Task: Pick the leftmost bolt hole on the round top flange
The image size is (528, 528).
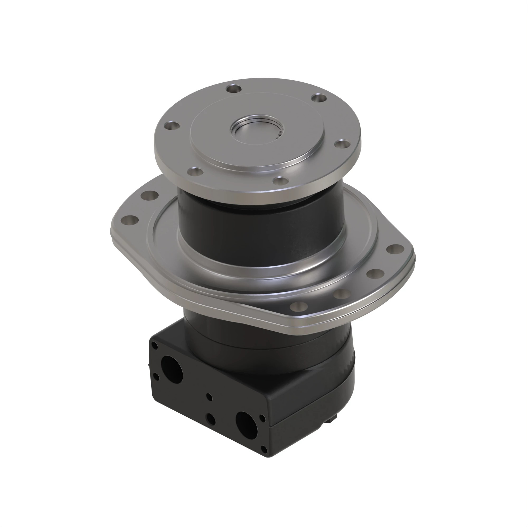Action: (x=172, y=126)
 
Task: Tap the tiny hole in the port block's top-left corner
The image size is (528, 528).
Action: (x=155, y=346)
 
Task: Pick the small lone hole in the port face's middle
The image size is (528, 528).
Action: (x=209, y=397)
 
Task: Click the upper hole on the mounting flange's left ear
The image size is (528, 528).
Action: (x=150, y=195)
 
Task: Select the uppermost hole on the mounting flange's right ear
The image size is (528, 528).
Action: (x=395, y=248)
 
